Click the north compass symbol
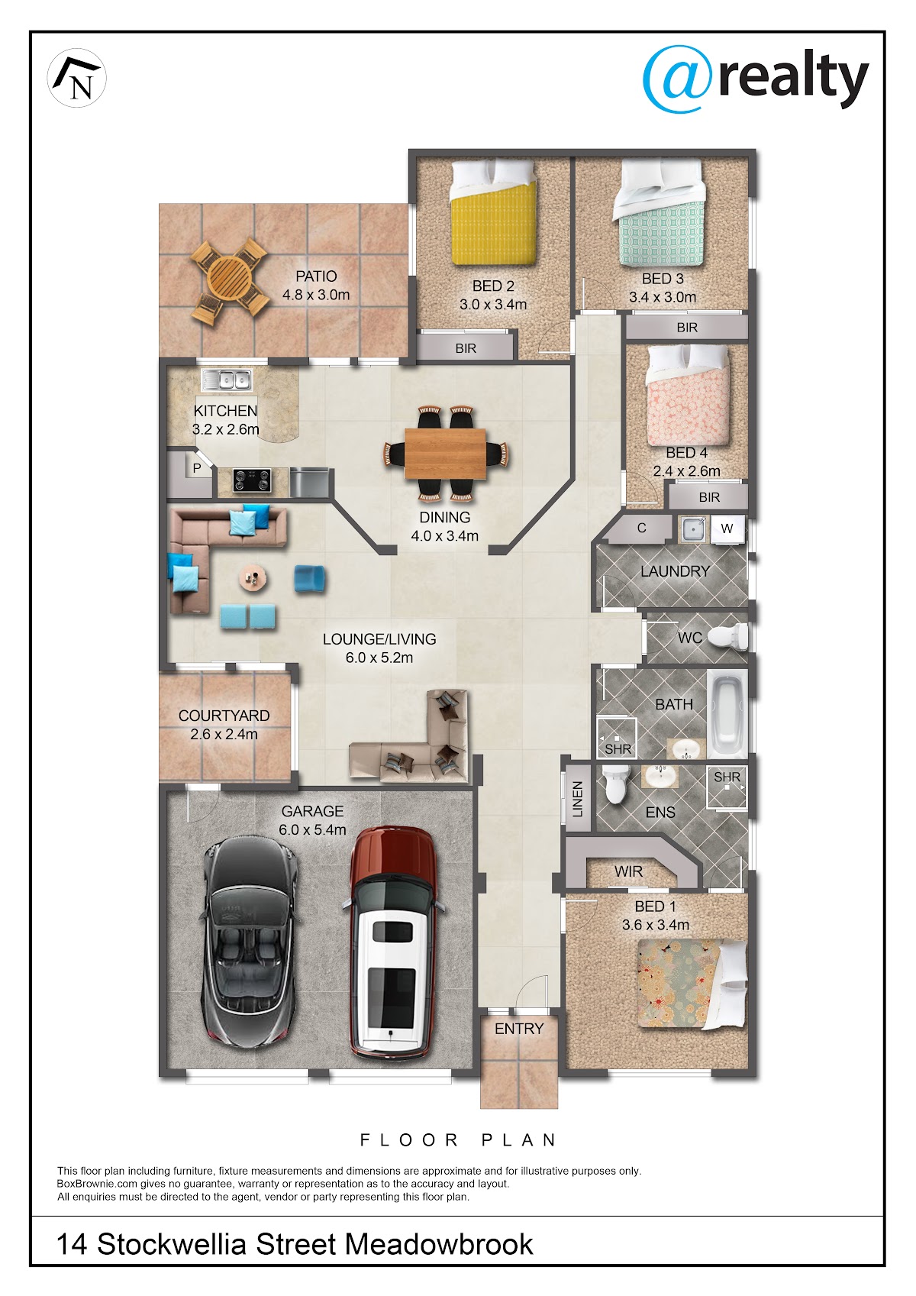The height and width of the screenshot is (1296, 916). coord(77,78)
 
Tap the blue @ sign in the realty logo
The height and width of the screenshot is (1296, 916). coord(677,79)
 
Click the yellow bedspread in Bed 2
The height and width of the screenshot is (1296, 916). coord(493,223)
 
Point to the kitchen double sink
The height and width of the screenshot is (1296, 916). coord(227,380)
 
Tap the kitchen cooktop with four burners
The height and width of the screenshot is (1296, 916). coord(252,480)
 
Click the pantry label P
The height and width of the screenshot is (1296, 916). coord(197,468)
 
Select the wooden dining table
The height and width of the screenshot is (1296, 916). coord(445,454)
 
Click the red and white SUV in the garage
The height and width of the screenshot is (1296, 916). coord(393,942)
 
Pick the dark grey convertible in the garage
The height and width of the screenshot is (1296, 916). coord(250,942)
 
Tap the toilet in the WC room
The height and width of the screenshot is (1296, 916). coord(728,637)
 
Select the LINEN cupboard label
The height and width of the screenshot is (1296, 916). coord(577,799)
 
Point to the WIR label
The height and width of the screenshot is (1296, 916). coord(628,871)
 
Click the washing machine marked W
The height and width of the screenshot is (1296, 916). coord(727,528)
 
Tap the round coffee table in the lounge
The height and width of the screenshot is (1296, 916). coord(253,578)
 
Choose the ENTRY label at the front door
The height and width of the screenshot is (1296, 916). coord(519,1029)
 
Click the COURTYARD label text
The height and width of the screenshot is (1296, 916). coord(224,716)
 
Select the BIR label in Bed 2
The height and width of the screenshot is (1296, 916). coord(466,348)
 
